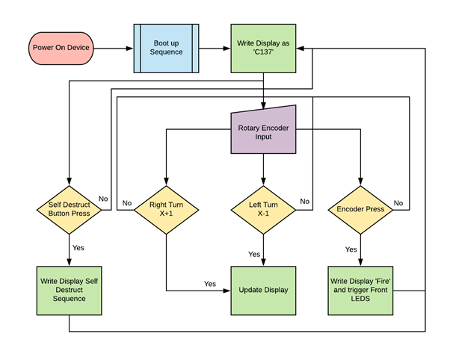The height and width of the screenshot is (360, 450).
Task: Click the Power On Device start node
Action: pos(63,48)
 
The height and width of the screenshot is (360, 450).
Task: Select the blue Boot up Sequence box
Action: pos(165,48)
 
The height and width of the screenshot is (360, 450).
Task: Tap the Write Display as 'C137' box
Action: pos(263,48)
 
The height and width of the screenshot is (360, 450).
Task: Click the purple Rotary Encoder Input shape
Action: pos(263,131)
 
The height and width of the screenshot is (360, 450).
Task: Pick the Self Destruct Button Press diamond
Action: pos(69,208)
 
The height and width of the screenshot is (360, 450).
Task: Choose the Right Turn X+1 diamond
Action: pos(166,208)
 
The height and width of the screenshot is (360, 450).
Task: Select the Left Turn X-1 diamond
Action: pos(263,208)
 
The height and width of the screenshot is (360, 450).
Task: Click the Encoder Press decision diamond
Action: pos(361,209)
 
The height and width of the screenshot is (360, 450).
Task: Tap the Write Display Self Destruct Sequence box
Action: pos(69,290)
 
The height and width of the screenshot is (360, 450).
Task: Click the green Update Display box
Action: pos(263,290)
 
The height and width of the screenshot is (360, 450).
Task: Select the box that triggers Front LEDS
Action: pos(361,290)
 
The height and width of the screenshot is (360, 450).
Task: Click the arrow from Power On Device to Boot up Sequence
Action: pos(115,49)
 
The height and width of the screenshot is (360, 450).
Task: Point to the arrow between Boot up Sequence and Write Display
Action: pos(214,49)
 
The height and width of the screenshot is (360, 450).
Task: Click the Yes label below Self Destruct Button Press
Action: pos(78,248)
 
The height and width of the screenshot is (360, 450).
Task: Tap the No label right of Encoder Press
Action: pos(398,202)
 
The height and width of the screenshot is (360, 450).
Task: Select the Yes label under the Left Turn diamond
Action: pos(254,254)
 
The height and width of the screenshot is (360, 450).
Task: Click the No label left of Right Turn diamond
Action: pos(127,202)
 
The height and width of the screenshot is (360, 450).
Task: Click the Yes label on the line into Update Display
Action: pos(210,284)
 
